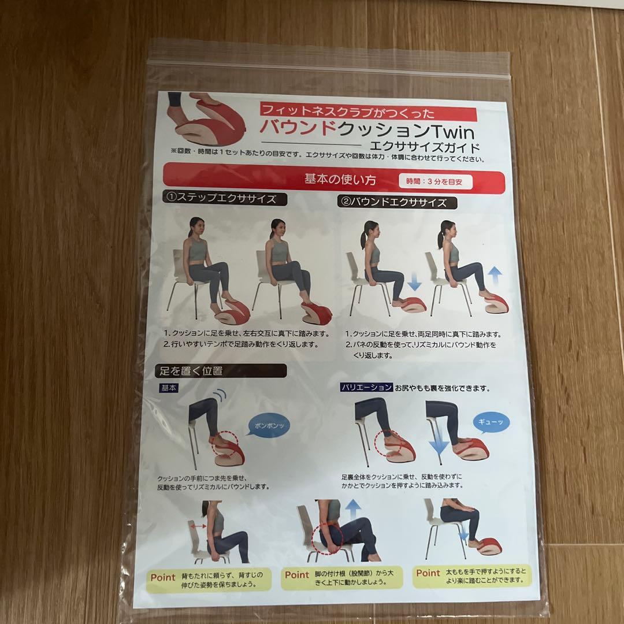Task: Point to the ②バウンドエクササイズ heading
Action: tap(398, 203)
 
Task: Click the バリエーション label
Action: tap(367, 388)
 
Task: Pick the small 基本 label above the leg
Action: tap(169, 388)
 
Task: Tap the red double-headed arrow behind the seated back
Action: tap(199, 526)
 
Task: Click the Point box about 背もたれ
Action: tap(209, 580)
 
